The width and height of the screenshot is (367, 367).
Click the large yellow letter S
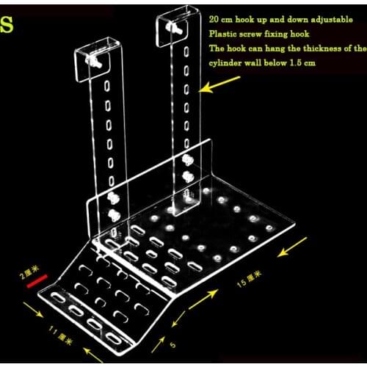[7, 23]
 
